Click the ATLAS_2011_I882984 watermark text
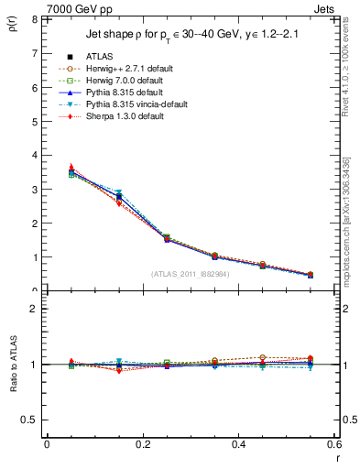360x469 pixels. [191, 274]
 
